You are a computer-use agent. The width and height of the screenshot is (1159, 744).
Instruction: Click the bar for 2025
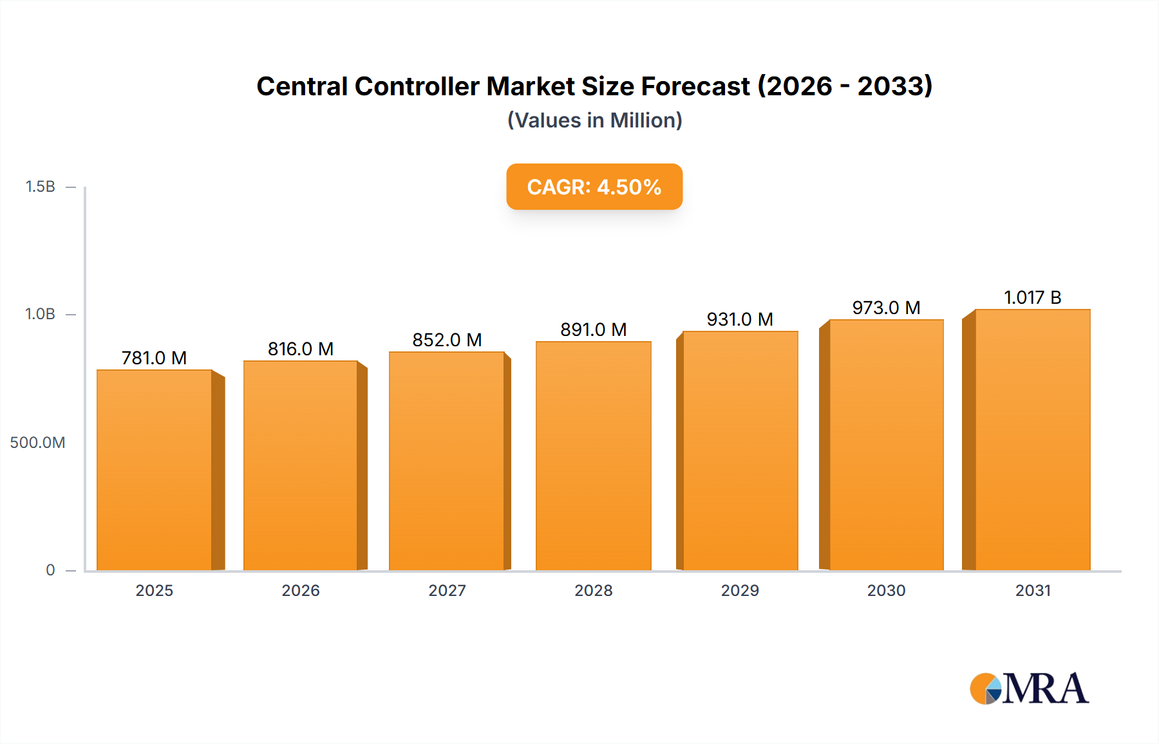coord(155,470)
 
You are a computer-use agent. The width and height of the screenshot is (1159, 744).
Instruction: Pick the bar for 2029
coord(740,451)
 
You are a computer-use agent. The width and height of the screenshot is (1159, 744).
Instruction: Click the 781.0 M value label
coord(154,358)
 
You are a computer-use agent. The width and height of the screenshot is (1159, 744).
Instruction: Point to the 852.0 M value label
coord(447,340)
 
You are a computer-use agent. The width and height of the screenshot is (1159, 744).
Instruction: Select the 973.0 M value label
coord(886,308)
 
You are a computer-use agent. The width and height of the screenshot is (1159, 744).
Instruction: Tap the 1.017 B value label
coord(1032,297)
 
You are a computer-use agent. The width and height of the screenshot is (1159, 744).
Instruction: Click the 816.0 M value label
coord(301,349)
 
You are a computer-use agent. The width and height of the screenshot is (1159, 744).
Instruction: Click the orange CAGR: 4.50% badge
coord(594,187)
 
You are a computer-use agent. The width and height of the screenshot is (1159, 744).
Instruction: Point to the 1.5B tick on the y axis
coord(40,187)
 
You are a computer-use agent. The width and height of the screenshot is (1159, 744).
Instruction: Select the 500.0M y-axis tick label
coord(37,442)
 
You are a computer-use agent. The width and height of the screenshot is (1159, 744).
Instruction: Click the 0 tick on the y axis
coord(50,570)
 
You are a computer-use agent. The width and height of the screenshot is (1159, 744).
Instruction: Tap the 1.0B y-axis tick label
coord(40,314)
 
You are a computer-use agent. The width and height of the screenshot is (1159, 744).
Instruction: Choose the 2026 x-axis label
coord(301,590)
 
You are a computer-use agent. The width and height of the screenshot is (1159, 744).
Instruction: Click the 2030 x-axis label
coord(886,590)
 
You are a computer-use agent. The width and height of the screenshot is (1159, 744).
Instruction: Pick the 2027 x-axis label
coord(447,590)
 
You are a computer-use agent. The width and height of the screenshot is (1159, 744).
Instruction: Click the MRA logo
coord(1029,689)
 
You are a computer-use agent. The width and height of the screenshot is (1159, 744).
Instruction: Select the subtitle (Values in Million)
coord(594,120)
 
